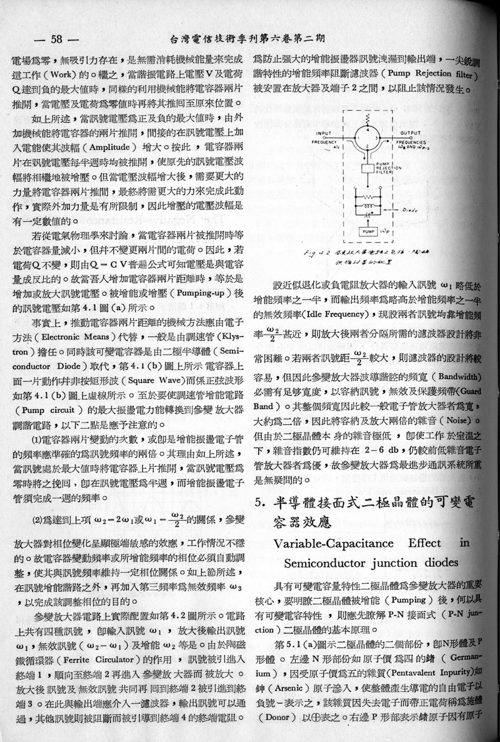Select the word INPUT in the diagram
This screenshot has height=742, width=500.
click(324, 133)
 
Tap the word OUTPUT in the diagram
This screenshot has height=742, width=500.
click(410, 133)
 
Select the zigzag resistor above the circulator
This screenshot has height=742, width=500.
click(367, 119)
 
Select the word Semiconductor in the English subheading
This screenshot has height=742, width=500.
click(324, 563)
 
